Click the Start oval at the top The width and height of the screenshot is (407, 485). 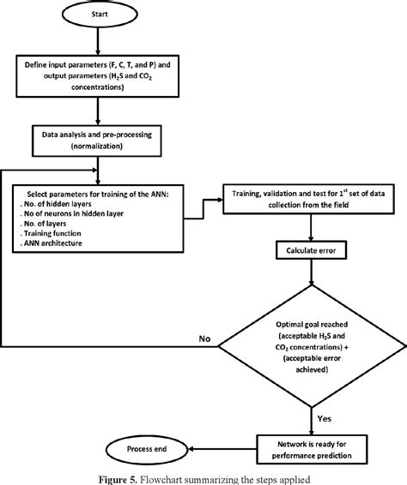click(100, 15)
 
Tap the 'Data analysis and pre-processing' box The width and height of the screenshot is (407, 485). click(100, 141)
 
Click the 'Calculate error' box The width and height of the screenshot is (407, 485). click(309, 250)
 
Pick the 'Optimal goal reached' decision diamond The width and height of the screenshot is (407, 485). click(309, 338)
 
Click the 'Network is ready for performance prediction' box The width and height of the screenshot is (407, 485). click(309, 426)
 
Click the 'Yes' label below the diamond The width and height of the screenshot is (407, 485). click(322, 395)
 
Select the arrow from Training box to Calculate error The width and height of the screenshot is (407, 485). click(309, 229)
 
